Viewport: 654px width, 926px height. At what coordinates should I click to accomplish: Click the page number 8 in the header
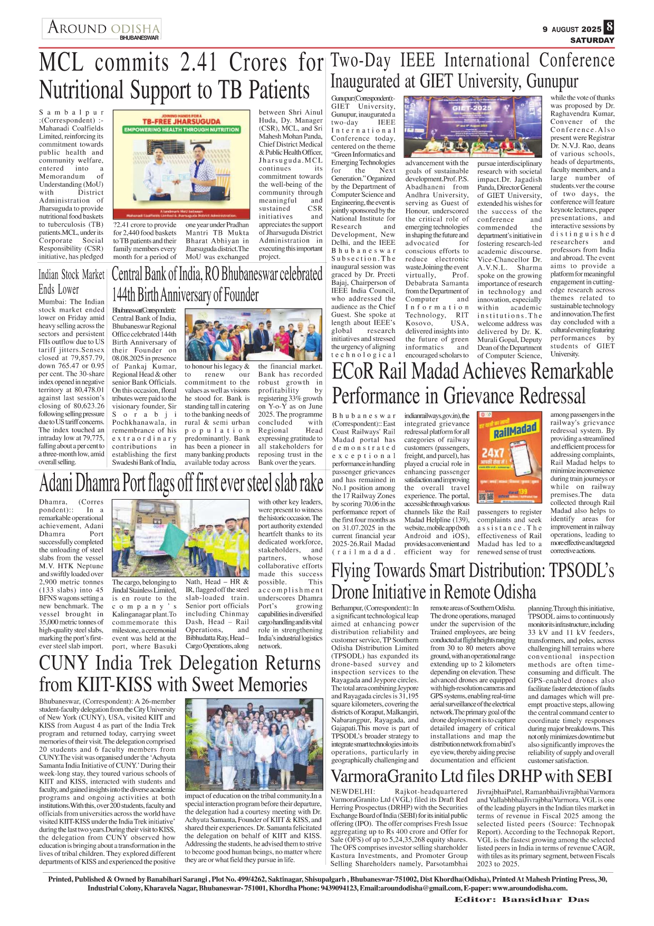pos(609,27)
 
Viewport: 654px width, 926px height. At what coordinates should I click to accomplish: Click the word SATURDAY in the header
pos(592,40)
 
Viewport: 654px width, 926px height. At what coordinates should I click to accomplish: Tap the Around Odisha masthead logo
pos(103,28)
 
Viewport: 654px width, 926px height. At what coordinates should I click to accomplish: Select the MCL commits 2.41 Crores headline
pos(180,76)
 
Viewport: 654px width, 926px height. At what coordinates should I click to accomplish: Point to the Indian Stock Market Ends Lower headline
pos(71,282)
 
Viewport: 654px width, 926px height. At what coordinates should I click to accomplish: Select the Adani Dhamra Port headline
pos(181,482)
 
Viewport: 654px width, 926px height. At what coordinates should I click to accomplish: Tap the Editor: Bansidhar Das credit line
pos(522,899)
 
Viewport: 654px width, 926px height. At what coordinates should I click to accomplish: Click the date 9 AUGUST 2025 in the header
pos(571,30)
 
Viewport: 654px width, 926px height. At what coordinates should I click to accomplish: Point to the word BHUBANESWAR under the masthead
pos(139,38)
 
